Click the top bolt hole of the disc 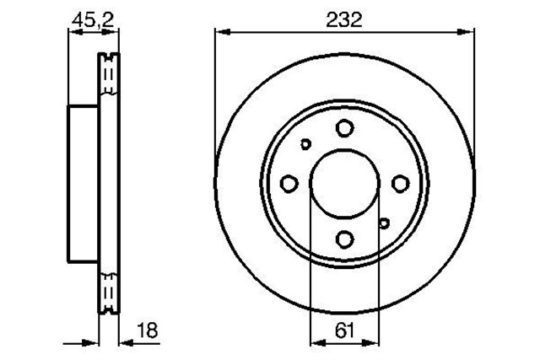(x=344, y=128)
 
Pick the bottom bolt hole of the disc (x=344, y=239)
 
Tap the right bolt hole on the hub (x=399, y=183)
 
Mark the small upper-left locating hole (x=305, y=144)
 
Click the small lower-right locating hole (x=384, y=223)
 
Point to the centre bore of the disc (x=344, y=183)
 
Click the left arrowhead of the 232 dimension (x=221, y=32)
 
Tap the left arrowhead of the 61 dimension (x=316, y=342)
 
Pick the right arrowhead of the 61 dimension (x=373, y=342)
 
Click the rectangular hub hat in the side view (x=84, y=183)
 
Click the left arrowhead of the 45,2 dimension (x=73, y=32)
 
